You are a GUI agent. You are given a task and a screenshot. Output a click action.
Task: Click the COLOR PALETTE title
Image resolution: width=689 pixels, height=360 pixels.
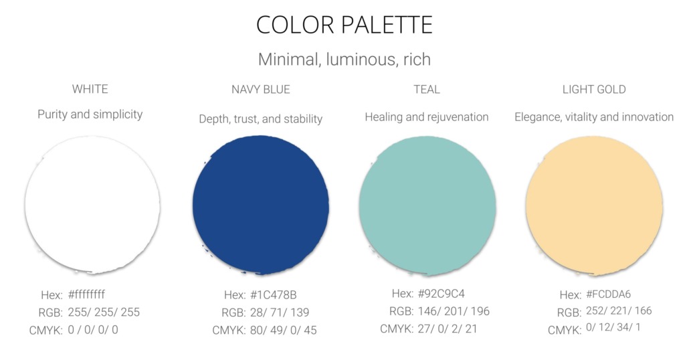(x=344, y=25)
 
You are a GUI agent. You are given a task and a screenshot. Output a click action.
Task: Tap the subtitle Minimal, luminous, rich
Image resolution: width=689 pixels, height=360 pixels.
(x=344, y=60)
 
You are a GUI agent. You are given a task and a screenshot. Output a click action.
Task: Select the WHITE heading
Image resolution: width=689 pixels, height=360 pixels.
(x=90, y=89)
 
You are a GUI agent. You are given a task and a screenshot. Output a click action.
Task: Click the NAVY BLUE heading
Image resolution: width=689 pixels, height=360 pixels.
(x=261, y=90)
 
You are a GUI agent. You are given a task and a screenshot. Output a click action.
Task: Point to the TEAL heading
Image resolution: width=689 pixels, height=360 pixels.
(x=427, y=90)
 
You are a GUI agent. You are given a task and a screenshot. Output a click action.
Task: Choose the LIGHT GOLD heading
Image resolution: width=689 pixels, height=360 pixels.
(x=594, y=90)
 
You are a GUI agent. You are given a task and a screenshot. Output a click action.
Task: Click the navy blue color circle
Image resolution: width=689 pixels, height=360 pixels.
(x=261, y=205)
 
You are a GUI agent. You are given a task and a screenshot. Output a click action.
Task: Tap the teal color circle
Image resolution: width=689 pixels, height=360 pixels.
(x=427, y=205)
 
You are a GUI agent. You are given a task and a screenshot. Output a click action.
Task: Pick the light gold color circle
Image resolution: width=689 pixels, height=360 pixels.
(x=594, y=205)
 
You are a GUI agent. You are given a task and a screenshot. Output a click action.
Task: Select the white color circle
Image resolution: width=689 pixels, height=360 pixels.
(x=92, y=205)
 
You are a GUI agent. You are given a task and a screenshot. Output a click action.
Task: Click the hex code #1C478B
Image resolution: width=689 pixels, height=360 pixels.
(x=274, y=295)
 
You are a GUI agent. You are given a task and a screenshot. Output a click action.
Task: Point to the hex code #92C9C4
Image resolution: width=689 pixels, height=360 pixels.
(x=441, y=294)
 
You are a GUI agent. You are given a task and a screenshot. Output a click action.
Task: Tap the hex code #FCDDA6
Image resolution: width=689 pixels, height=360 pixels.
(x=608, y=294)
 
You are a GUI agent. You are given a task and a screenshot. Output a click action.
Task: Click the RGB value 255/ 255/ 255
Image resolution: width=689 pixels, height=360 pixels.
(x=104, y=312)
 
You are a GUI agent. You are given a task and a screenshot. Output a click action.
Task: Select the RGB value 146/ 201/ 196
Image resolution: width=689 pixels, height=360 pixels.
(x=454, y=311)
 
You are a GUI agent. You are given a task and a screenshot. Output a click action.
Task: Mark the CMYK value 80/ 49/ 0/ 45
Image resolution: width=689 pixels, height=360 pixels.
(x=284, y=330)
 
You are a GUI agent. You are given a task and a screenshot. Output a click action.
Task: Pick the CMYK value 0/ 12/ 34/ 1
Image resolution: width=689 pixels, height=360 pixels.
(x=613, y=327)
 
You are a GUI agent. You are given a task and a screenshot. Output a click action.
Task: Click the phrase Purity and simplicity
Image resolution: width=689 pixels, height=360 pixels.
(x=90, y=114)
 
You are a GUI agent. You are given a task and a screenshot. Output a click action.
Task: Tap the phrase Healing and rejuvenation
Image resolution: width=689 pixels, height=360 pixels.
(x=427, y=117)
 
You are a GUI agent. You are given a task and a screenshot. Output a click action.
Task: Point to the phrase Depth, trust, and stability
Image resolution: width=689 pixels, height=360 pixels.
(x=261, y=119)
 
